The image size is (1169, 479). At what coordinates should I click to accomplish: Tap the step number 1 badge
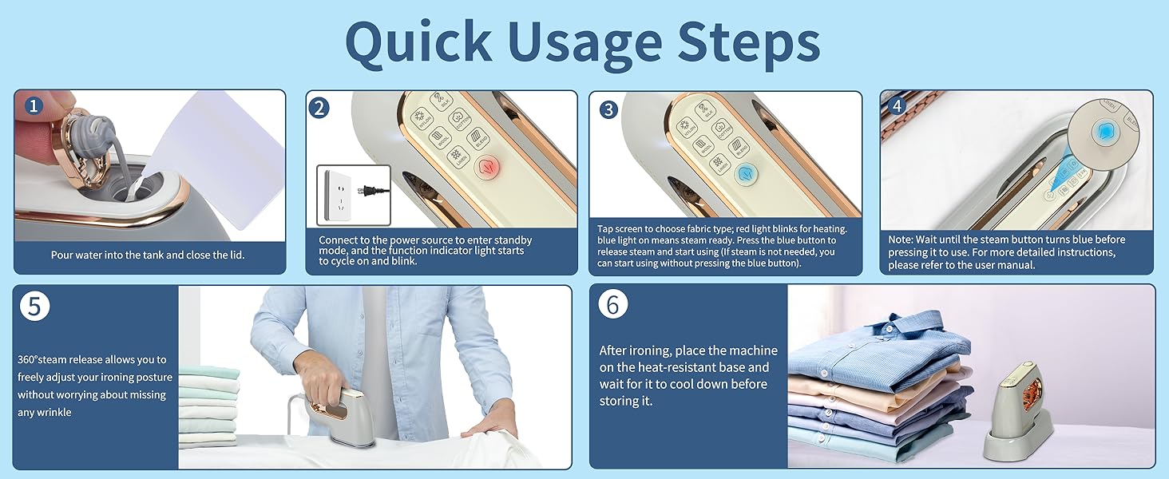pyautogui.click(x=33, y=105)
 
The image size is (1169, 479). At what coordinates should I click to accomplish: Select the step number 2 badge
pyautogui.click(x=319, y=107)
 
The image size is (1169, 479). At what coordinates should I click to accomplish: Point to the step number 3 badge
pyautogui.click(x=608, y=109)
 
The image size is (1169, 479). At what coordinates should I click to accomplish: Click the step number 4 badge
pyautogui.click(x=897, y=105)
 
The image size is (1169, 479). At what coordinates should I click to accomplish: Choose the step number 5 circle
pyautogui.click(x=34, y=307)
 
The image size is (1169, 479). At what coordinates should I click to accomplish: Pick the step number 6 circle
pyautogui.click(x=612, y=305)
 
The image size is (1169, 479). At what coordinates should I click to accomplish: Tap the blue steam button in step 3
pyautogui.click(x=746, y=171)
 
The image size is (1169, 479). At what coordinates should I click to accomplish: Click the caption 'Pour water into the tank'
pyautogui.click(x=148, y=255)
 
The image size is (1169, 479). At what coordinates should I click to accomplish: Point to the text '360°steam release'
pyautogui.click(x=92, y=360)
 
